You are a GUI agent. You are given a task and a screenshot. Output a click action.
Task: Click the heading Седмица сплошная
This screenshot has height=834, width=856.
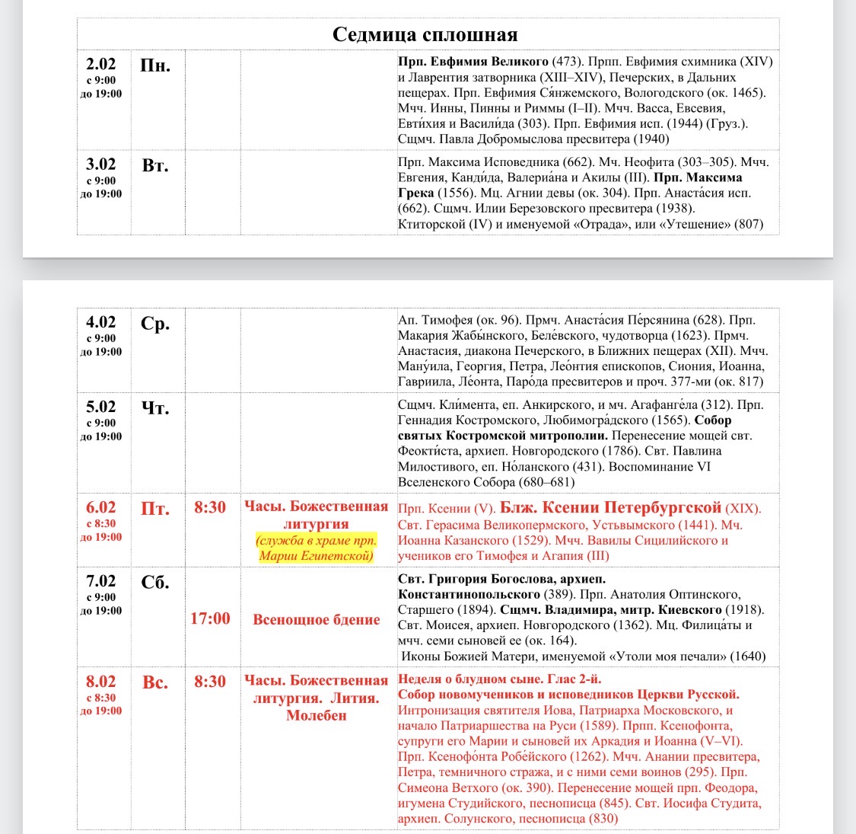425,34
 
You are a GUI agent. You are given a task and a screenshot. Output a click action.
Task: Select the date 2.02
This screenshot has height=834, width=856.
100,64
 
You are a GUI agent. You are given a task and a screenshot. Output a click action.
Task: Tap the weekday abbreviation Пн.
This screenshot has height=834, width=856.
155,66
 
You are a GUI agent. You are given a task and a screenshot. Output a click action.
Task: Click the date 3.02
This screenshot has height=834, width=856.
100,165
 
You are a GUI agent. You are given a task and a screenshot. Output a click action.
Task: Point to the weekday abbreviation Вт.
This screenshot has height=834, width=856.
155,165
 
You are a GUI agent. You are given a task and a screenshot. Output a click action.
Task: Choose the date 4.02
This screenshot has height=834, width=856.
100,322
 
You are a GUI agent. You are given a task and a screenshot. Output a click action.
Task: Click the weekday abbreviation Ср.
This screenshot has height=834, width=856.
155,324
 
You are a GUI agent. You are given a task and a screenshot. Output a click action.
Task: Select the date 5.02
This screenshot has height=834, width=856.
100,407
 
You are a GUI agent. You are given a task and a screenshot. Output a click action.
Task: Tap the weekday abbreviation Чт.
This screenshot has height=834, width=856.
155,408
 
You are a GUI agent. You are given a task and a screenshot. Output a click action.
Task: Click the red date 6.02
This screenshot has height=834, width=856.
100,507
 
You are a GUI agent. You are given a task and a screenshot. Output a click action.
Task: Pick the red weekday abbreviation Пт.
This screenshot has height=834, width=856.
155,509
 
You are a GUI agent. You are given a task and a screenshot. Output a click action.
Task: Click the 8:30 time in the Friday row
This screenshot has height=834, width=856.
210,507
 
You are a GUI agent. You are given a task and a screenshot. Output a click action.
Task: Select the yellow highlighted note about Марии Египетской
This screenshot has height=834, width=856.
316,548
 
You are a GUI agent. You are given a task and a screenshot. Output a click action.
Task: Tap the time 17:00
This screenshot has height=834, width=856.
210,618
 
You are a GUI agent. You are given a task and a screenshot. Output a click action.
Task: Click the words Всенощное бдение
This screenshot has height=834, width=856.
316,619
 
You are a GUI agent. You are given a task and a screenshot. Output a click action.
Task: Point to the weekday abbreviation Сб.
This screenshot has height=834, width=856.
155,583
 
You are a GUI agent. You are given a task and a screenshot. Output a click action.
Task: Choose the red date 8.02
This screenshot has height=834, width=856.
100,682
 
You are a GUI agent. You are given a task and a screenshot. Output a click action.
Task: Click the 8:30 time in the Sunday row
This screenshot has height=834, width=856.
210,682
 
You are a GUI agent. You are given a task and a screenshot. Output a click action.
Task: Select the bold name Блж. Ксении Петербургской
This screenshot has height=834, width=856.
609,508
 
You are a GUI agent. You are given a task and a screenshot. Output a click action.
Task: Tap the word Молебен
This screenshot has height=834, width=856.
316,715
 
